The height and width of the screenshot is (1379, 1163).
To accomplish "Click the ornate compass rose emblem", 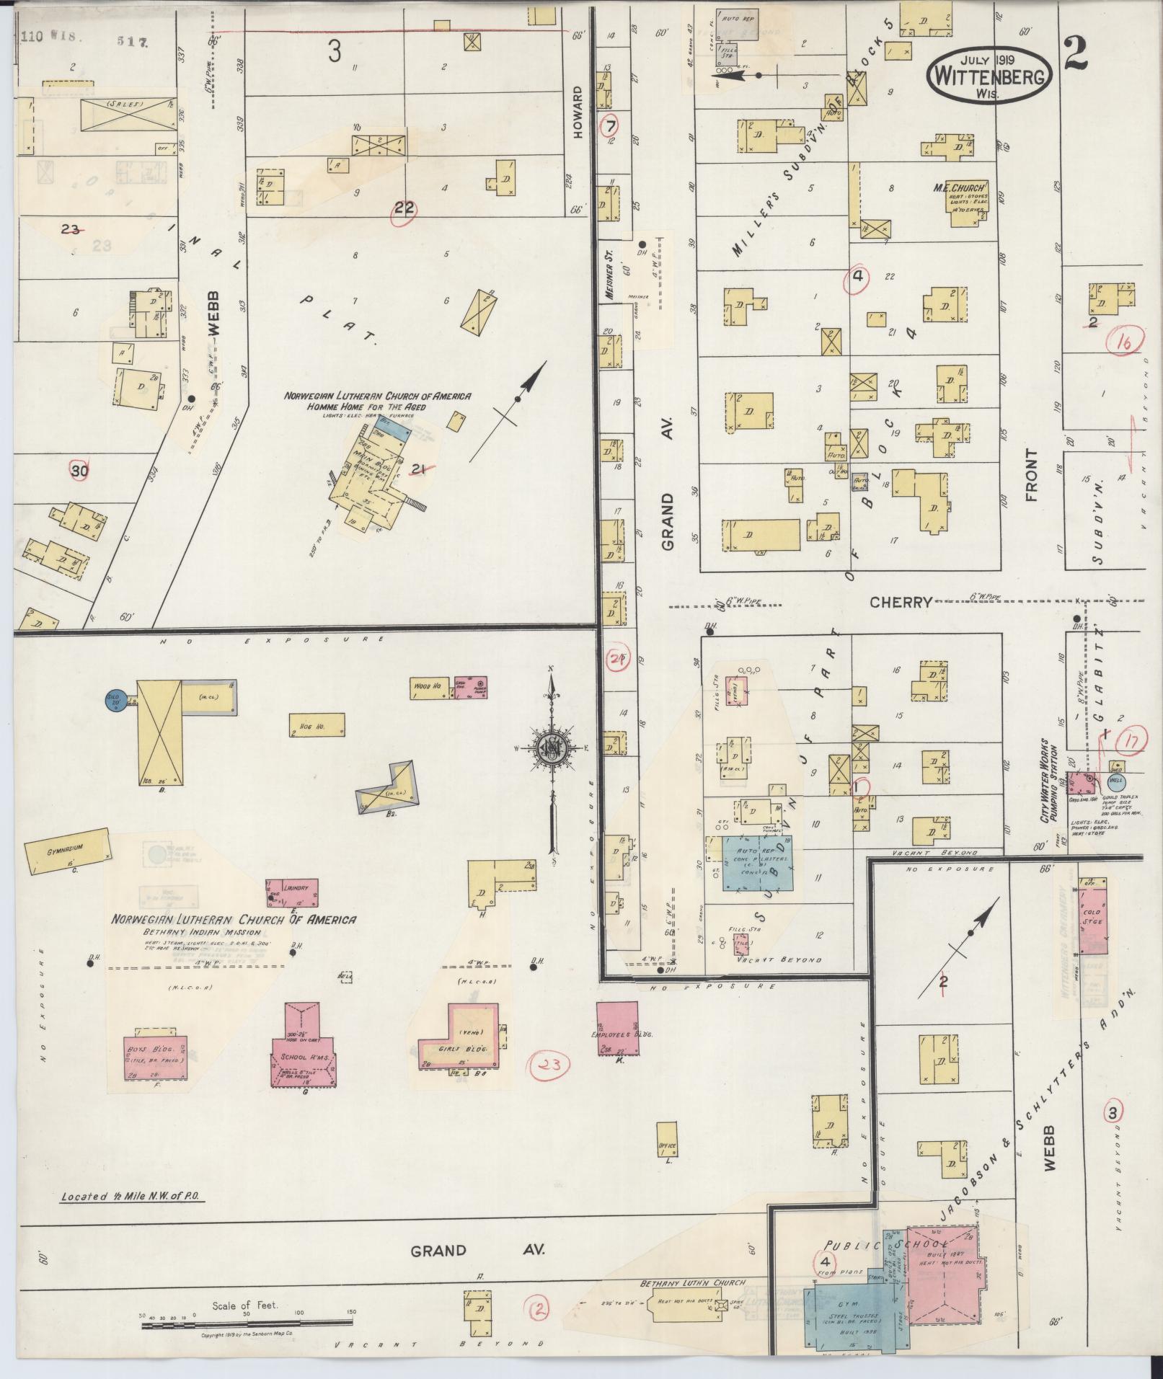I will [552, 748].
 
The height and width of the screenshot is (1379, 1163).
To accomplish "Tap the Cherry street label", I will [901, 602].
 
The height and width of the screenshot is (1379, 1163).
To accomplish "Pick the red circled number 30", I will [80, 471].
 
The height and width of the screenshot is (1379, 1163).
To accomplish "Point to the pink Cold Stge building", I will [1094, 918].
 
